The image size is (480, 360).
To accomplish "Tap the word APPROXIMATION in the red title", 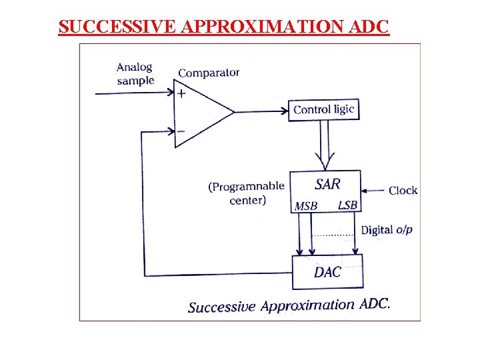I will pos(261,27).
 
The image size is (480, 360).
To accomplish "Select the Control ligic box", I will pos(324,109).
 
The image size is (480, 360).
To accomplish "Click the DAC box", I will pos(328,271).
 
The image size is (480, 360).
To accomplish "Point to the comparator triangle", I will pos(200,112).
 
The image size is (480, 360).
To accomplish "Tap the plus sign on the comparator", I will pos(181,94).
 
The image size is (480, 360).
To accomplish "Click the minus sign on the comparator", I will pos(181,131).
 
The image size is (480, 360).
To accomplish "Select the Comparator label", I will pos(209,73).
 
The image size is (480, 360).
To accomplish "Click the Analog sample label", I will pos(135,74).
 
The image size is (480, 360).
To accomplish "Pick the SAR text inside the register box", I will pos(327,183).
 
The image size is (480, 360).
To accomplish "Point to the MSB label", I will pos(306,206).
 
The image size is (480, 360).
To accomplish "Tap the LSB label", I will pos(347,205).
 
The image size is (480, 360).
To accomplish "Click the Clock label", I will pos(403,191).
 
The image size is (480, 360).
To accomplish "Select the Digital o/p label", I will pos(387,230).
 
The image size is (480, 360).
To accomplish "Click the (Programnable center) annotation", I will pos(246,193).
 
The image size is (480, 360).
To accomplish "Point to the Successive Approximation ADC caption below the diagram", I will pos(289,306).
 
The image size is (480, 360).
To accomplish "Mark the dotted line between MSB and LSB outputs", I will pos(333,235).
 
